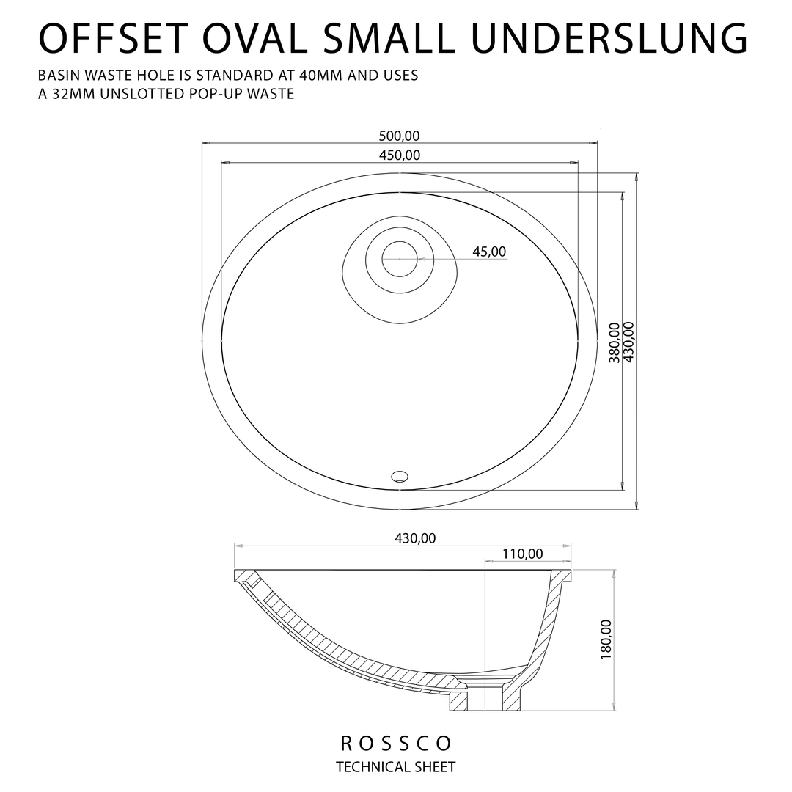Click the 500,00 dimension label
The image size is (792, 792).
point(399,136)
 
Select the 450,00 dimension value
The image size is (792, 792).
point(400,155)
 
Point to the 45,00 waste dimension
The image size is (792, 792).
point(489,252)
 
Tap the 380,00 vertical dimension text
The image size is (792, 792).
point(614,342)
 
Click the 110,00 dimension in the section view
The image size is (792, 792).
point(523,554)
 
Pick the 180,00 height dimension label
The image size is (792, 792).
point(606,639)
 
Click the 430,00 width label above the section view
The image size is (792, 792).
point(415,538)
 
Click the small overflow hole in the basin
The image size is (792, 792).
point(400,475)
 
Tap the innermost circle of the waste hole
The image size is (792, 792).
point(400,259)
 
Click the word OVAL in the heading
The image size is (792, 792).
point(253,37)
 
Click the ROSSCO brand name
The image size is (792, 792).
point(396,743)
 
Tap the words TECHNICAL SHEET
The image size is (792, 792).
point(396,767)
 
